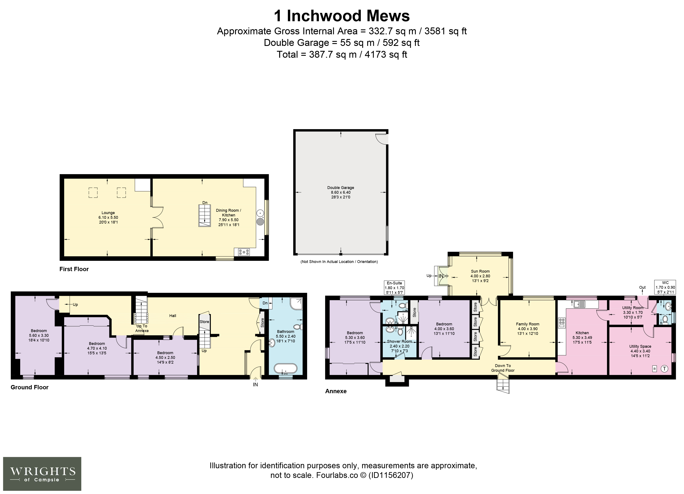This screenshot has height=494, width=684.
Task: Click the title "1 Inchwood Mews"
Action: tap(342, 16)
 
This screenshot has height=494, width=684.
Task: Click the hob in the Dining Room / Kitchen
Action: tap(244, 252)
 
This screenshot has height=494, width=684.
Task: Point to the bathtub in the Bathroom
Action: tap(285, 369)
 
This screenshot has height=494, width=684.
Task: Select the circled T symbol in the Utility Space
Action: tap(664, 369)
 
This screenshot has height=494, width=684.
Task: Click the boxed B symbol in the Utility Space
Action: tap(654, 369)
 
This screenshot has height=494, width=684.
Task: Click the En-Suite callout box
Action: tap(394, 288)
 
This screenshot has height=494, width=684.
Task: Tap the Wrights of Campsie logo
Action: tap(42, 474)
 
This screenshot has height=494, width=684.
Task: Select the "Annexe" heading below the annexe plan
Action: tap(336, 391)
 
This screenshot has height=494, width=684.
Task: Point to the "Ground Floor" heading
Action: tap(30, 387)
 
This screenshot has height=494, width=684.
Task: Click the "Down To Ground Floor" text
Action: tap(503, 368)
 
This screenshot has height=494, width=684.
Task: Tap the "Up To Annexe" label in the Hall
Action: tap(142, 328)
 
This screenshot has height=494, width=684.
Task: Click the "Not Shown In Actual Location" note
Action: tap(339, 261)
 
